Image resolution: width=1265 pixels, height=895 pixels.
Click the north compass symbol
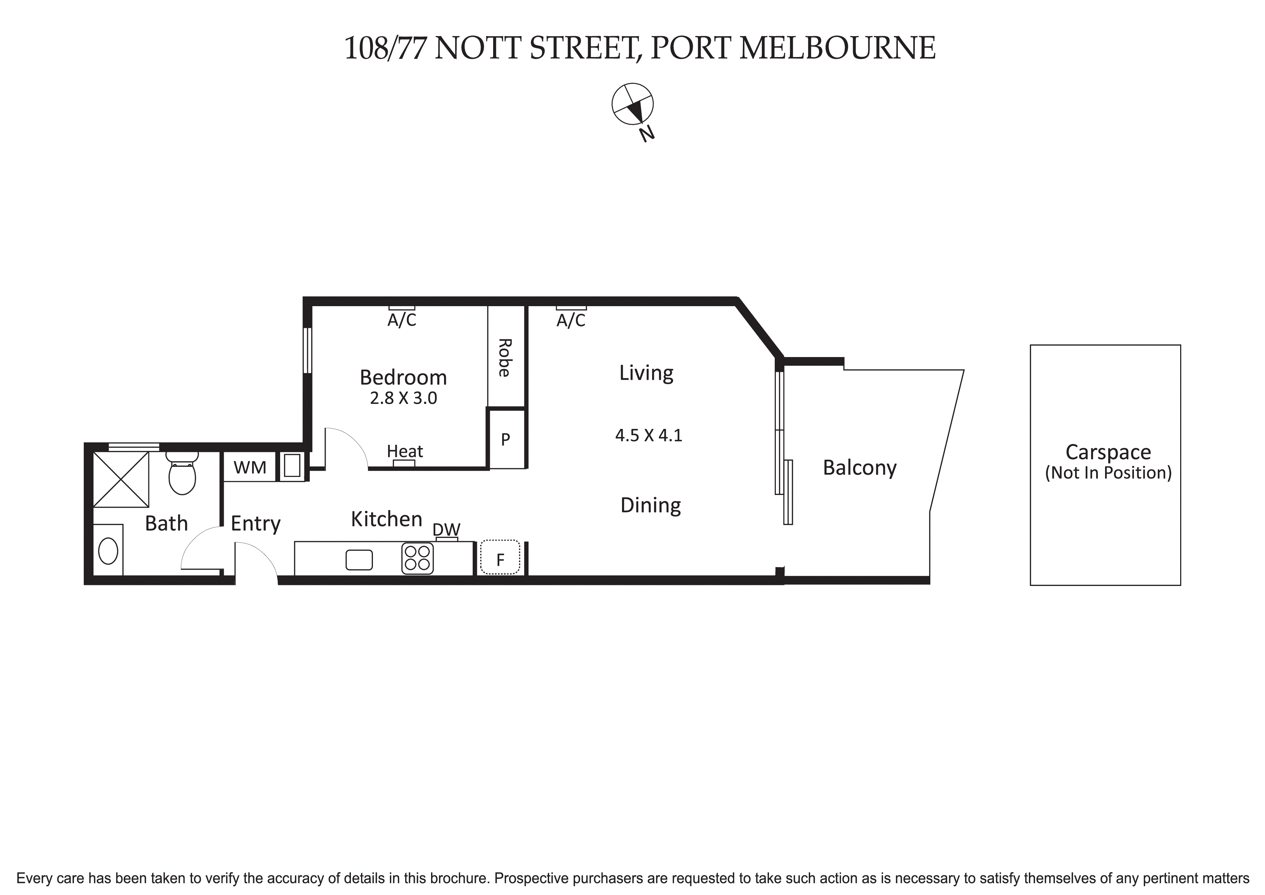coord(632,105)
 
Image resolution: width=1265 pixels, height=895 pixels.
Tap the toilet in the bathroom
coord(182,474)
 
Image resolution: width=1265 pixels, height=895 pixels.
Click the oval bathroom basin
coord(108,551)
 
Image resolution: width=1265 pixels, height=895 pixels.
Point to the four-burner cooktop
coord(417,558)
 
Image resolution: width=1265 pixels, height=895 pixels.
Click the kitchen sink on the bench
coord(359,560)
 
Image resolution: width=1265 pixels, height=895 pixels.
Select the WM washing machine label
coord(249,467)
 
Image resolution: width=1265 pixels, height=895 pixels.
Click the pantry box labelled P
coord(505,439)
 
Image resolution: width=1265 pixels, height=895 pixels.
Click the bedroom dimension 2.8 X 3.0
coord(403,398)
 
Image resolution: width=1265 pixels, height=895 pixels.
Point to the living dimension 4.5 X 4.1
coord(648,435)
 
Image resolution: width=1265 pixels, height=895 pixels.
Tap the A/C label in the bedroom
coord(402,320)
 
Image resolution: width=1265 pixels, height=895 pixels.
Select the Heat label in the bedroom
coord(404,451)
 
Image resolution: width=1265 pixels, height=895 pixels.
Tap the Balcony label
coord(860,467)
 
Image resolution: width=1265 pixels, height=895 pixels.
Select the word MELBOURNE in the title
coord(837,48)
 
